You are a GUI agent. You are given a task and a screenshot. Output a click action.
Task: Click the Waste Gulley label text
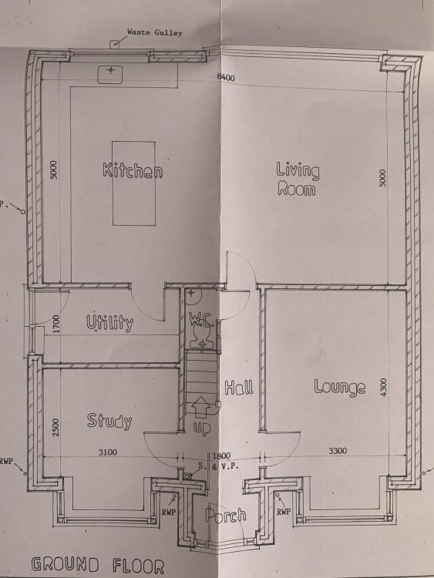pyautogui.click(x=154, y=32)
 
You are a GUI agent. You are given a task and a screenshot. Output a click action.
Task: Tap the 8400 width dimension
pyautogui.click(x=226, y=77)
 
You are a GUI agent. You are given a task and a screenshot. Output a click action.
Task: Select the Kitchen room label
pyautogui.click(x=133, y=170)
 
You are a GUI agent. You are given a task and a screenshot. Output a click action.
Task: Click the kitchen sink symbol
pyautogui.click(x=110, y=74)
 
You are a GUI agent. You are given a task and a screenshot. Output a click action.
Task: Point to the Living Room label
pyautogui.click(x=298, y=179)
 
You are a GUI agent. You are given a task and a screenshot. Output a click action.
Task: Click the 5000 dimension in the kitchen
pyautogui.click(x=54, y=170)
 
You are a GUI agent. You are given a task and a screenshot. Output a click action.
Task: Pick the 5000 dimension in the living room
pyautogui.click(x=383, y=178)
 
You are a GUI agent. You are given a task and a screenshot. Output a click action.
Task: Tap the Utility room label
pyautogui.click(x=110, y=323)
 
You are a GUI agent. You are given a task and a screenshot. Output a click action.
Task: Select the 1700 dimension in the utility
pyautogui.click(x=56, y=324)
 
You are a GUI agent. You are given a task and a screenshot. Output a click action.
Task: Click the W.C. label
pyautogui.click(x=201, y=320)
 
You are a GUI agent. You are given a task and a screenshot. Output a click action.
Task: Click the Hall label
pyautogui.click(x=239, y=388)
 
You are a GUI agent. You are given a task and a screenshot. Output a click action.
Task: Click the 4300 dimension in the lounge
pyautogui.click(x=383, y=387)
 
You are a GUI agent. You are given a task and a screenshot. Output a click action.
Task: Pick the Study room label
pyautogui.click(x=109, y=421)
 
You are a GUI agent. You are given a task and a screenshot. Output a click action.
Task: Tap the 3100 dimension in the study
pyautogui.click(x=108, y=452)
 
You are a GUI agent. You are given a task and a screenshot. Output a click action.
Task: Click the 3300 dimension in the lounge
pyautogui.click(x=338, y=451)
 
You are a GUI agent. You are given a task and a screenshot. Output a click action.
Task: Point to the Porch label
pyautogui.click(x=226, y=515)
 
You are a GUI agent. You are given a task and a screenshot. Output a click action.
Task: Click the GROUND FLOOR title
pyautogui.click(x=98, y=565)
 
